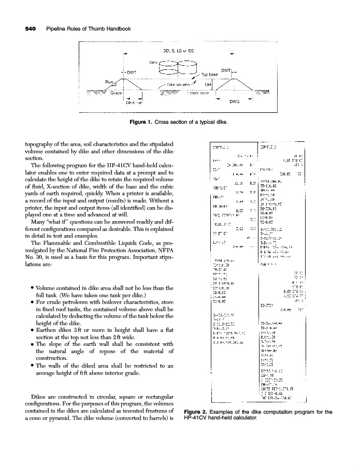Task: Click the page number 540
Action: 26,29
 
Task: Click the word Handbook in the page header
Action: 115,29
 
